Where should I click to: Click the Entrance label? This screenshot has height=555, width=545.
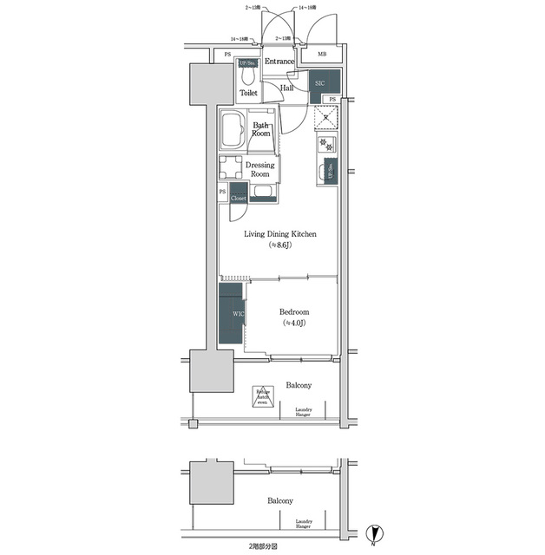tap(280, 62)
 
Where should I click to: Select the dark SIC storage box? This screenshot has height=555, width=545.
tap(318, 83)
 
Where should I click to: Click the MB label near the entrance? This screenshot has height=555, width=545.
tap(322, 55)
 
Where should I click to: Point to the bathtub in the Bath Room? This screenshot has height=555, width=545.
tap(233, 131)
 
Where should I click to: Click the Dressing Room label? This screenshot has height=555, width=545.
tap(259, 169)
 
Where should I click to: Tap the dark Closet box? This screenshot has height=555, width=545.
tap(239, 198)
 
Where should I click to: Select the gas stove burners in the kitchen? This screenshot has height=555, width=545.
tap(326, 144)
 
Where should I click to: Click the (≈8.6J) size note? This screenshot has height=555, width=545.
tap(278, 246)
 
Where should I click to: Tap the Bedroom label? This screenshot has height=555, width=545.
tap(293, 312)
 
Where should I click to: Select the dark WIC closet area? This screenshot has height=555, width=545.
tap(232, 314)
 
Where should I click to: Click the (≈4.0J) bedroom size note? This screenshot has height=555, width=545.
tap(293, 324)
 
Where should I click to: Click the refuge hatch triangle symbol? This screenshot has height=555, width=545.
tap(263, 397)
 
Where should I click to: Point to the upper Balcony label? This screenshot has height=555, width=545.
tap(299, 384)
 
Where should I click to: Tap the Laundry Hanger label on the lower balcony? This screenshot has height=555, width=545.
tap(303, 523)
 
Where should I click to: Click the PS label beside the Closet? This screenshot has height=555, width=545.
tap(222, 192)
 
